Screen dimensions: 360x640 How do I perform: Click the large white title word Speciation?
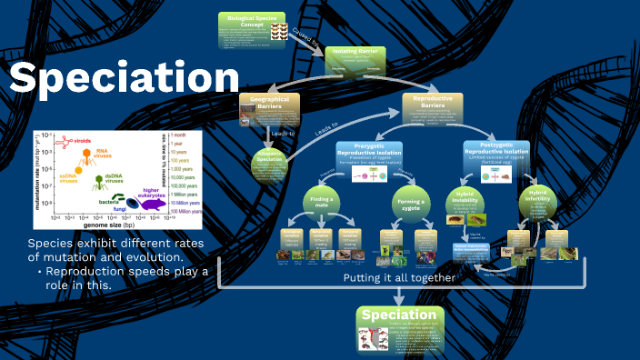click(x=124, y=79)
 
